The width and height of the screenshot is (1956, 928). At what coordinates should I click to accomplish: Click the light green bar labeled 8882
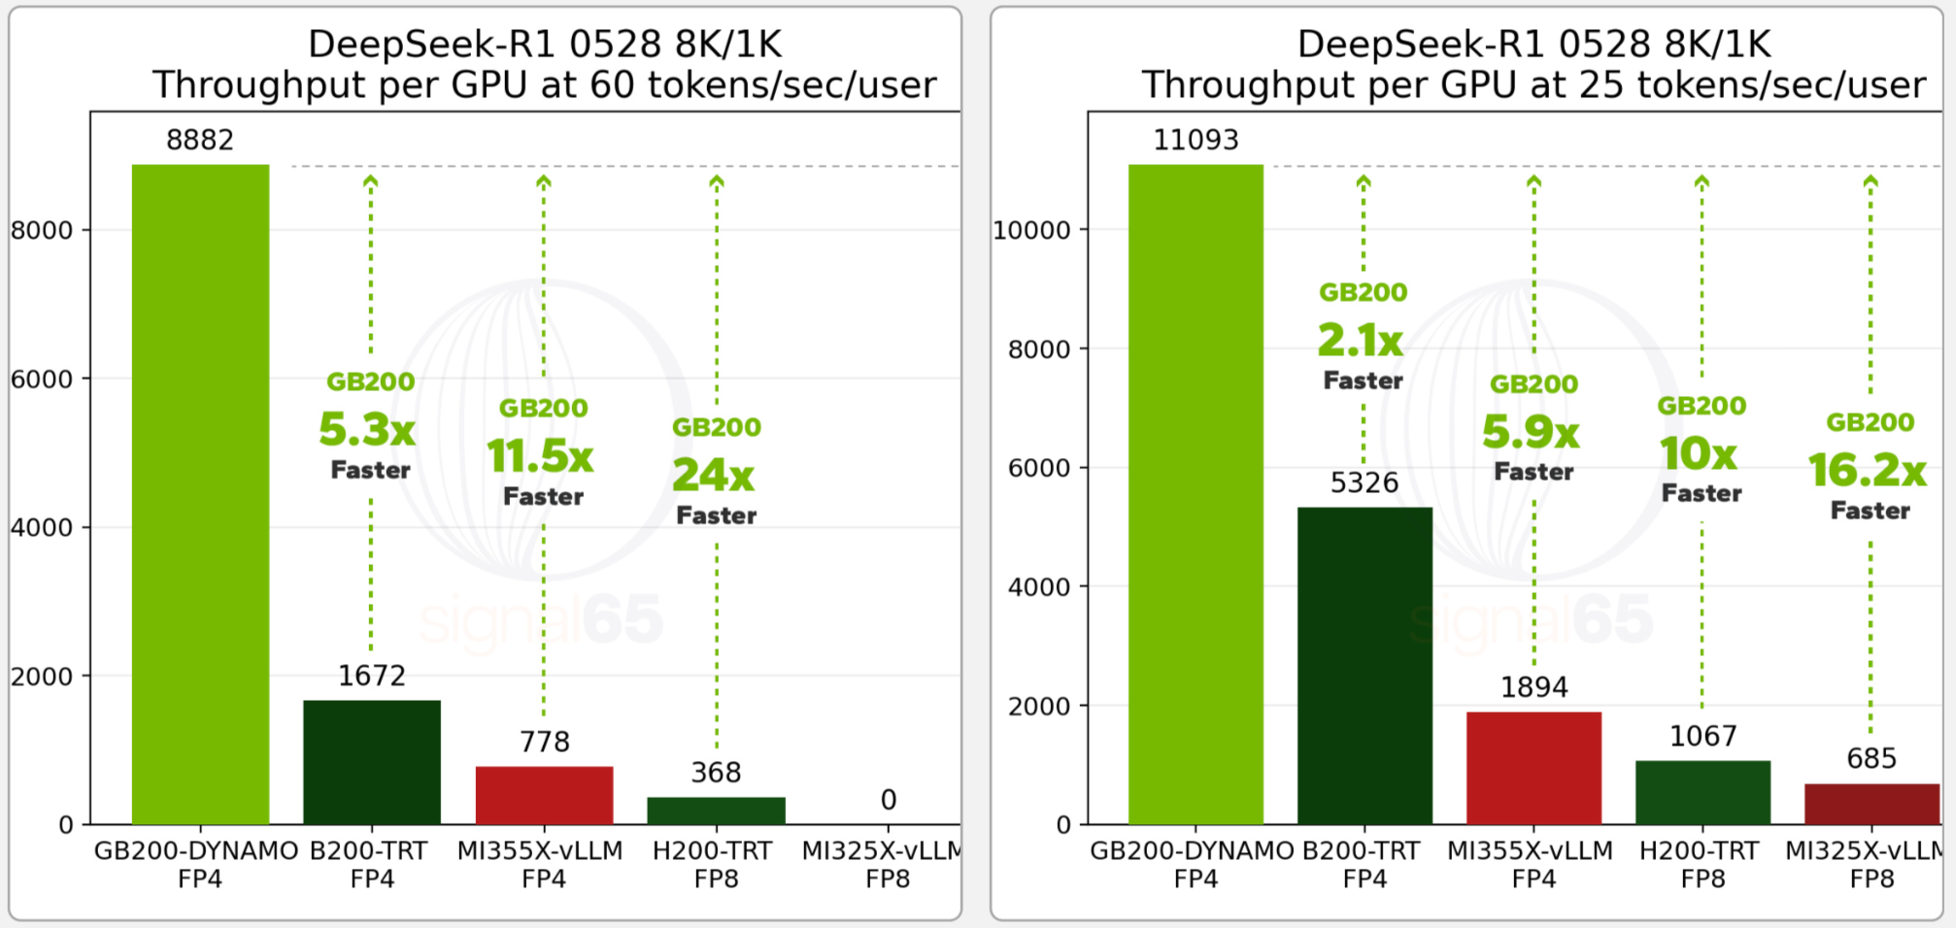pyautogui.click(x=200, y=494)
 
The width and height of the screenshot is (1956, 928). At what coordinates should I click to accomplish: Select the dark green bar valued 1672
pyautogui.click(x=372, y=762)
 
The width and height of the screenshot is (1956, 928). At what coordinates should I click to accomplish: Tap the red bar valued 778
pyautogui.click(x=544, y=795)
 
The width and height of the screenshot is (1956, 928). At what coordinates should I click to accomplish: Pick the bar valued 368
pyautogui.click(x=716, y=811)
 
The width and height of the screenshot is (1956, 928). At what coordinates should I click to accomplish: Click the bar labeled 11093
pyautogui.click(x=1196, y=494)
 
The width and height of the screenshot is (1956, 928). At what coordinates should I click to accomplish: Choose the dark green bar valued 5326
pyautogui.click(x=1365, y=665)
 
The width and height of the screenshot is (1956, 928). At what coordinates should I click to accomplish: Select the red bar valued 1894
pyautogui.click(x=1534, y=768)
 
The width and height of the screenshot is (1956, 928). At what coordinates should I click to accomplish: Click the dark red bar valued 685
pyautogui.click(x=1872, y=804)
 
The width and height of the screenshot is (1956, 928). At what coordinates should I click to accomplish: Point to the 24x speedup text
pyautogui.click(x=714, y=475)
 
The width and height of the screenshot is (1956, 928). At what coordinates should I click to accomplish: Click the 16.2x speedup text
pyautogui.click(x=1868, y=471)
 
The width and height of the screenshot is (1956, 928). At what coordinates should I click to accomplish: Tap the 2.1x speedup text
pyautogui.click(x=1361, y=341)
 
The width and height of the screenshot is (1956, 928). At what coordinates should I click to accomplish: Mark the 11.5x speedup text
pyautogui.click(x=541, y=456)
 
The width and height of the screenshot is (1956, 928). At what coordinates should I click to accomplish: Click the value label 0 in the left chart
pyautogui.click(x=888, y=800)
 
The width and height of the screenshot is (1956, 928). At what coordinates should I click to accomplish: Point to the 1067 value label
pyautogui.click(x=1703, y=736)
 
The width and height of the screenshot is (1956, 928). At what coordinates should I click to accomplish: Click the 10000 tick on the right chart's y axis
pyautogui.click(x=1031, y=230)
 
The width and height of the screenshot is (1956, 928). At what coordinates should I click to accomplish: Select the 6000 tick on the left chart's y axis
pyautogui.click(x=42, y=379)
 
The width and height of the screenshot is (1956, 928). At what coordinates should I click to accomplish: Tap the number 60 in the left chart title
pyautogui.click(x=612, y=85)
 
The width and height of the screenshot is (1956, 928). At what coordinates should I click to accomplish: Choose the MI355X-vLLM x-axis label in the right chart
pyautogui.click(x=1530, y=851)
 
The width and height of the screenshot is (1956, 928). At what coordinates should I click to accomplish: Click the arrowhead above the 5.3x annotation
pyautogui.click(x=370, y=182)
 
